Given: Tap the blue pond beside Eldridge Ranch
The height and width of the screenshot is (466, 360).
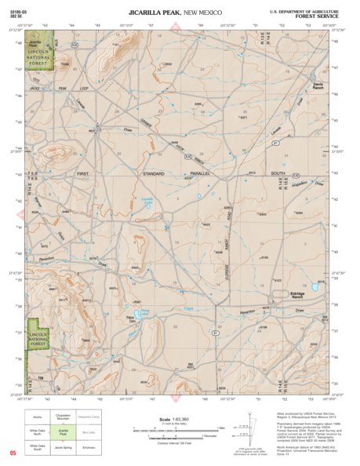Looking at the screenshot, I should (x=315, y=287).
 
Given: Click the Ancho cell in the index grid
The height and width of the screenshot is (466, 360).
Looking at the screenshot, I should (x=37, y=417).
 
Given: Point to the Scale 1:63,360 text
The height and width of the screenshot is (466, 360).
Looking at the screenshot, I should (x=170, y=419).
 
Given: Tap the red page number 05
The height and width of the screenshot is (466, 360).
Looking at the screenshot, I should (x=13, y=453).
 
